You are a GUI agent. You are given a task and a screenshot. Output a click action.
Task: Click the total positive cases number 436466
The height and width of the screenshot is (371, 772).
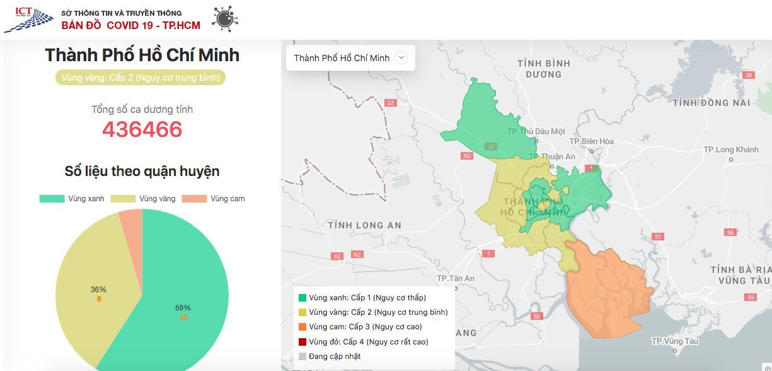coord(142,129)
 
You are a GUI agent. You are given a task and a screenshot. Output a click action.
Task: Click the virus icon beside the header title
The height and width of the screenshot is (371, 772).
coord(225,19)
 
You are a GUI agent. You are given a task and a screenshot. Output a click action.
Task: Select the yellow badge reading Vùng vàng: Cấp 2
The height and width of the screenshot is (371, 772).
coord(141,78)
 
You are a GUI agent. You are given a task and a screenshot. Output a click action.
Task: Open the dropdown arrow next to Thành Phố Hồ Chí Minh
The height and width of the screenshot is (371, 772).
coord(401,58)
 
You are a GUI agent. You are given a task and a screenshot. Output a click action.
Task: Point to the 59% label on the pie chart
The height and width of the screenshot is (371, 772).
coord(183,308)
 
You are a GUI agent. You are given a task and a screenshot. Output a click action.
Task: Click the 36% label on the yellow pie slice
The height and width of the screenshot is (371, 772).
coord(98,290)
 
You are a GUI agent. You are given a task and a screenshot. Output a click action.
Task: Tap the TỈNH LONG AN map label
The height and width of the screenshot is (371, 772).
coord(365,225)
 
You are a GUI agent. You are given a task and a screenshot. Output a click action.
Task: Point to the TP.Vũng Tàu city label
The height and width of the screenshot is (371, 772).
coord(675,341)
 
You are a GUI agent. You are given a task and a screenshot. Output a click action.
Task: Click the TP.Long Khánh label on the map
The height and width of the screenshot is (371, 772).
coord(731,150)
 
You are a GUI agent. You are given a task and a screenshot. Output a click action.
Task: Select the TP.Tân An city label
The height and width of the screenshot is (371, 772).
coord(456,278)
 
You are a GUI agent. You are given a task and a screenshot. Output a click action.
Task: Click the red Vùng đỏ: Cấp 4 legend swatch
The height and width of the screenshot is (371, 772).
coord(302,342)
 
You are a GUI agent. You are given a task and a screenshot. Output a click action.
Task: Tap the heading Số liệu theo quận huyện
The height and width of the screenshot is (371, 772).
coord(142,171)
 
